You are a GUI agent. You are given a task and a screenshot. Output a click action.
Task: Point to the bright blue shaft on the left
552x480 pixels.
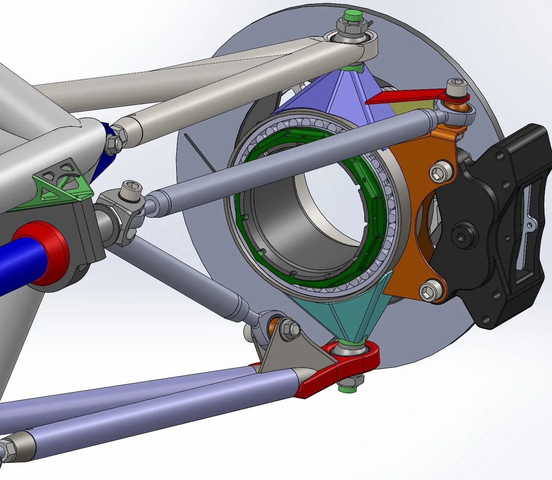pos(15,262)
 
